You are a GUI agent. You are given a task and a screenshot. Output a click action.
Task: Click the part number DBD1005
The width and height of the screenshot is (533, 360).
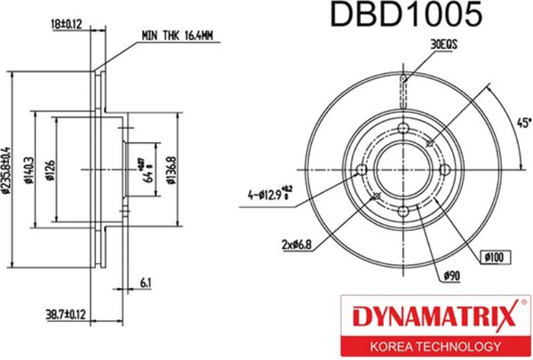pyautogui.click(x=406, y=16)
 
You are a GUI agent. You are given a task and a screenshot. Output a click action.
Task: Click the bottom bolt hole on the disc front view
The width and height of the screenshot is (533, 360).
pyautogui.click(x=402, y=211)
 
